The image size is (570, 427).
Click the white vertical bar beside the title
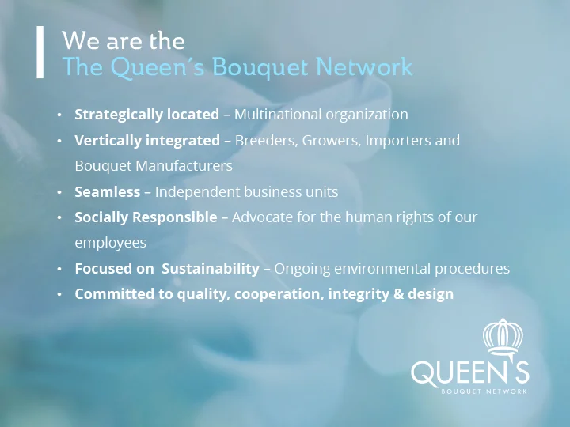tap(40, 52)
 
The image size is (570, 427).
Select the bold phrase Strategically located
tap(146, 115)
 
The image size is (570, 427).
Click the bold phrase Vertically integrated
tap(147, 141)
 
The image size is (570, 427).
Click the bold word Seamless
tap(107, 192)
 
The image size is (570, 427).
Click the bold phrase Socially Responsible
tap(146, 217)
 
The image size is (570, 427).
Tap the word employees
tap(110, 243)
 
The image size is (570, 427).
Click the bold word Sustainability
tap(211, 269)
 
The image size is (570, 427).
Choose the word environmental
tap(382, 269)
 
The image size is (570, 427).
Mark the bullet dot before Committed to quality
tap(59, 294)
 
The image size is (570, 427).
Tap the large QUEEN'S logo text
tap(469, 372)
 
